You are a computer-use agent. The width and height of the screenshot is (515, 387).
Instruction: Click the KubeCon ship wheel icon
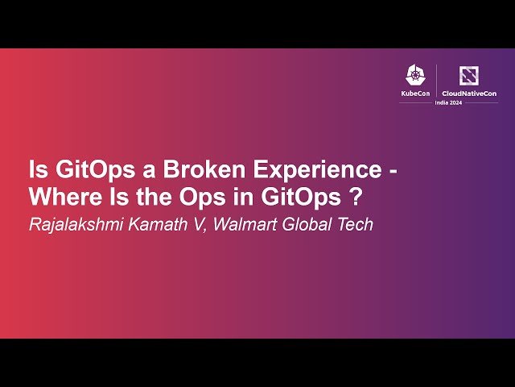point(415,76)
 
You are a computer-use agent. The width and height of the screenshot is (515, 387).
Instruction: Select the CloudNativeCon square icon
point(468,76)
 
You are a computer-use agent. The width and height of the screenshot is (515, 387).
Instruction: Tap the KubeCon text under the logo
point(415,94)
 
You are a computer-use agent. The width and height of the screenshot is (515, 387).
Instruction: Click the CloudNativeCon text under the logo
point(468,94)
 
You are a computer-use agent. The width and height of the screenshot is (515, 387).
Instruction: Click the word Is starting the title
point(36,170)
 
